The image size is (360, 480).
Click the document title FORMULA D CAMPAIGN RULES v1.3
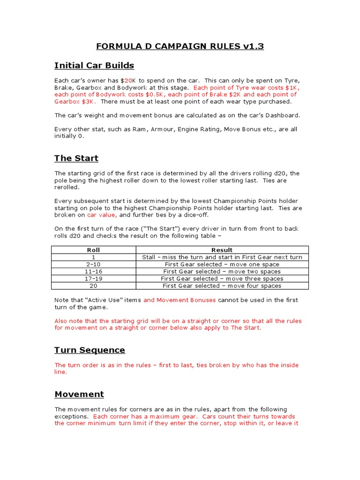(x=180, y=46)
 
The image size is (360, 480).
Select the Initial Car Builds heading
(x=94, y=65)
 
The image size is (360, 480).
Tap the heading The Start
(x=76, y=158)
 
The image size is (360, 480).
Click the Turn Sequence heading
(x=90, y=350)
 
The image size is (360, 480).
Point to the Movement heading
(x=79, y=394)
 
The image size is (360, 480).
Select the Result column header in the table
(x=222, y=250)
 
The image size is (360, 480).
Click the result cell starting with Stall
(x=222, y=257)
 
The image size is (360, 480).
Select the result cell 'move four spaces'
(x=222, y=285)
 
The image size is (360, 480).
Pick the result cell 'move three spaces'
(x=222, y=278)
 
